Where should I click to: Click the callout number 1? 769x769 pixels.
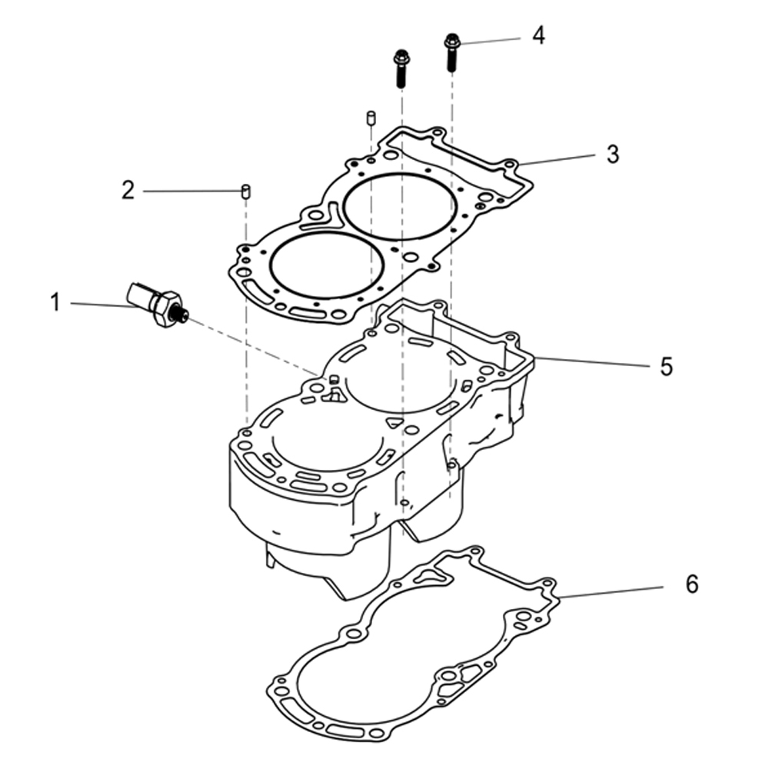click(x=55, y=302)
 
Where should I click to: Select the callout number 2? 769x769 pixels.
click(x=128, y=190)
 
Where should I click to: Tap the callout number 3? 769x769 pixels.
click(x=612, y=154)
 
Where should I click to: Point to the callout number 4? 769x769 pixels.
click(x=538, y=35)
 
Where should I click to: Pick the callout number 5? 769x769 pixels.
click(x=666, y=366)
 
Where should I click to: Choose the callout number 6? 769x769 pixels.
click(x=692, y=585)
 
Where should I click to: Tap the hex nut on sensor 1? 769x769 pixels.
click(x=167, y=309)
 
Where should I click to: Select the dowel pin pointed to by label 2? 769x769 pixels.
click(x=247, y=191)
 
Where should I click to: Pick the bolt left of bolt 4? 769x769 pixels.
click(x=401, y=68)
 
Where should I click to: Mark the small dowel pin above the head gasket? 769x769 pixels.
click(x=370, y=118)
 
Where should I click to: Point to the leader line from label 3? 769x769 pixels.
click(x=558, y=159)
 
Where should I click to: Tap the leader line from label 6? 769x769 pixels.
click(x=611, y=591)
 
